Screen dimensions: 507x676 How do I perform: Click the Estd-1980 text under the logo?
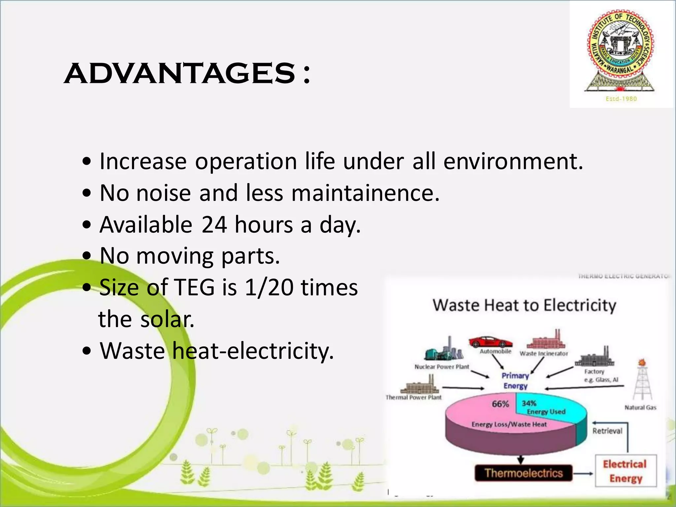pyautogui.click(x=621, y=99)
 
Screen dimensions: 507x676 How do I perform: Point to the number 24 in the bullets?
pyautogui.click(x=214, y=225)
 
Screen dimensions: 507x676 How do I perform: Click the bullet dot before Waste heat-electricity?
pyautogui.click(x=87, y=351)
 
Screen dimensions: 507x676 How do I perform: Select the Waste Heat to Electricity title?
pyautogui.click(x=524, y=305)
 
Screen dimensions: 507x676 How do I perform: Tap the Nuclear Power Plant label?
pyautogui.click(x=442, y=367)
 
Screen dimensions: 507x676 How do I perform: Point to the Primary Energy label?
pyautogui.click(x=515, y=381)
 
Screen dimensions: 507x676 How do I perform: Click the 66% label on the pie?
pyautogui.click(x=500, y=404)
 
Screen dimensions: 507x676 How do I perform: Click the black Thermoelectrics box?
pyautogui.click(x=523, y=473)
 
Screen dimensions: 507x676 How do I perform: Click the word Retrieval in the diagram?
pyautogui.click(x=607, y=431)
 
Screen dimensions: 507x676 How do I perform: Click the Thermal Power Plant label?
pyautogui.click(x=413, y=397)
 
